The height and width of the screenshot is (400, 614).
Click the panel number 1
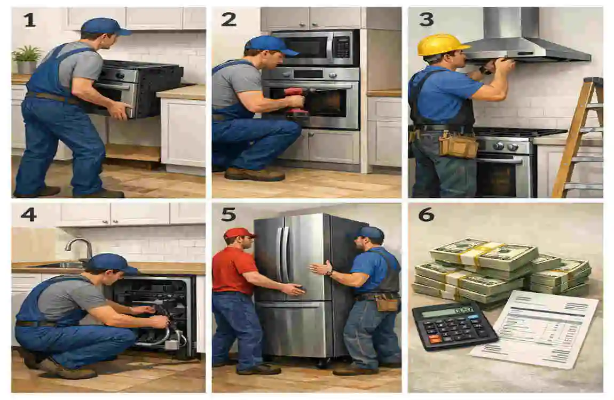pyautogui.click(x=29, y=20)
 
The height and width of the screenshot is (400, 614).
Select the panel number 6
pyautogui.click(x=426, y=214)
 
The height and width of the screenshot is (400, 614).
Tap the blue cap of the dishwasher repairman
pyautogui.click(x=109, y=262)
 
